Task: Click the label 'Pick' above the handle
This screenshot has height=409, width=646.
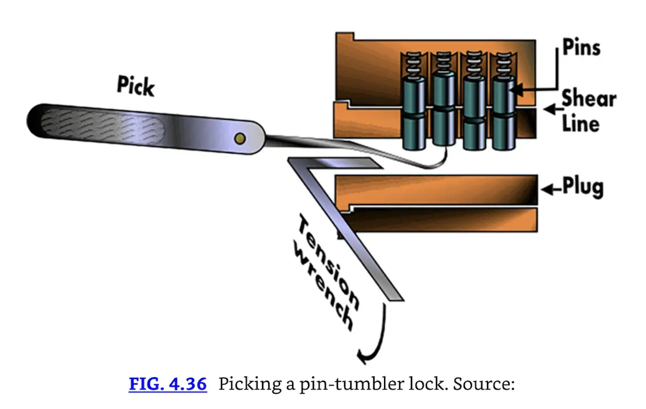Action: [136, 86]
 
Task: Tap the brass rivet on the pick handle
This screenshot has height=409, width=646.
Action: [240, 138]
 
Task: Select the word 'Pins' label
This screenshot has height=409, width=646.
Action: [581, 47]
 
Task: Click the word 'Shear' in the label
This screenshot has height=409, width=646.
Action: [588, 99]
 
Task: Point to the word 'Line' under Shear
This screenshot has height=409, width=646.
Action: [580, 123]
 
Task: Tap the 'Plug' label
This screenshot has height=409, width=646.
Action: [583, 187]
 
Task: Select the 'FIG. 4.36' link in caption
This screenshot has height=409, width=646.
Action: [167, 383]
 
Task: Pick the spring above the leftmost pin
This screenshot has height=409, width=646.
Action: [411, 64]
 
